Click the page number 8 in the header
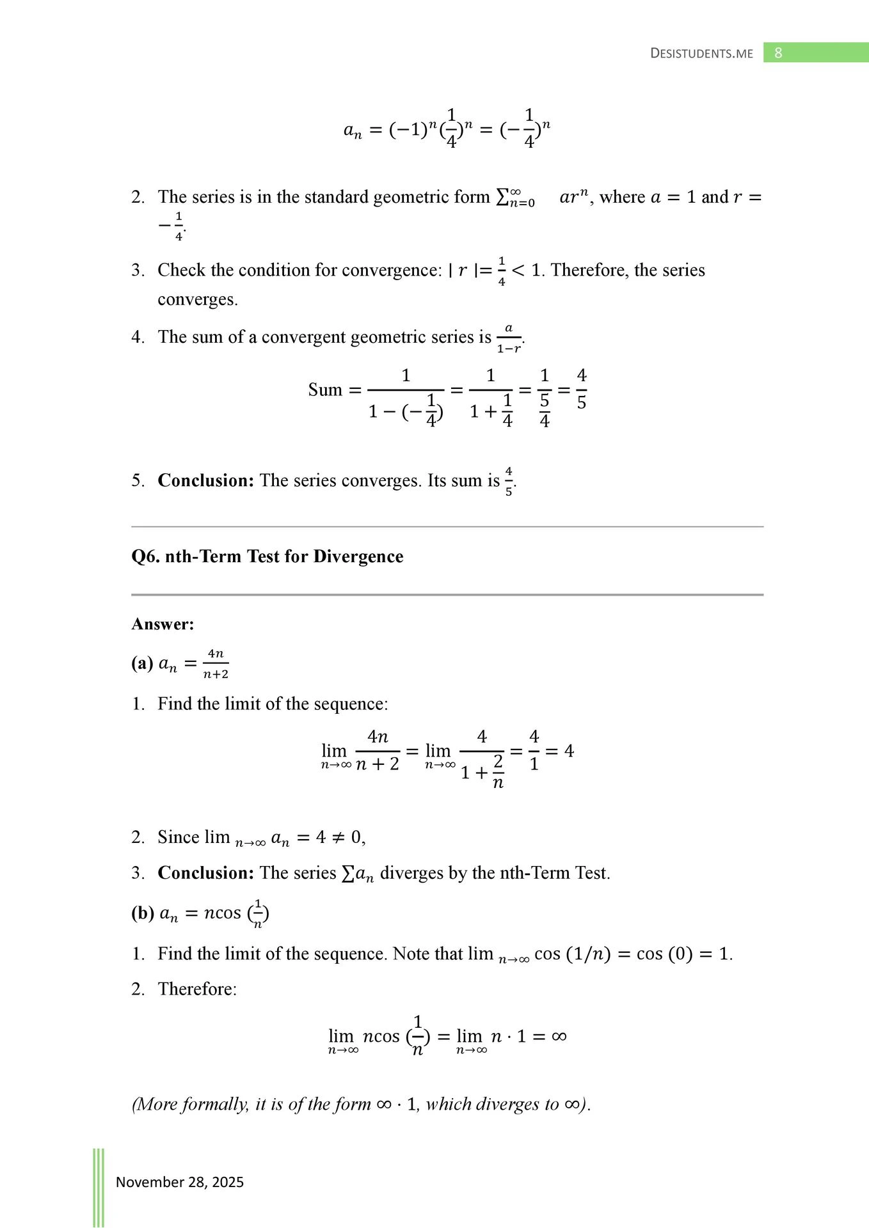click(x=778, y=53)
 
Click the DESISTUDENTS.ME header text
click(x=701, y=54)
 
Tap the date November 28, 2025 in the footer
click(x=180, y=1182)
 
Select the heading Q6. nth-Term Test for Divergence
click(x=267, y=556)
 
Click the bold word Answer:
click(x=163, y=624)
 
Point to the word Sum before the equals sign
click(x=325, y=390)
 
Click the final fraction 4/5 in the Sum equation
click(x=581, y=389)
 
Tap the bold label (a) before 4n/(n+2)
click(x=141, y=663)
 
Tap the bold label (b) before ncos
click(x=142, y=913)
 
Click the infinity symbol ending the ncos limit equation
click(x=559, y=1036)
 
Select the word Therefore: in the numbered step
click(x=197, y=989)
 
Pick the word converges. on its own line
click(x=198, y=299)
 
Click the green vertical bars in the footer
click(x=99, y=1187)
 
